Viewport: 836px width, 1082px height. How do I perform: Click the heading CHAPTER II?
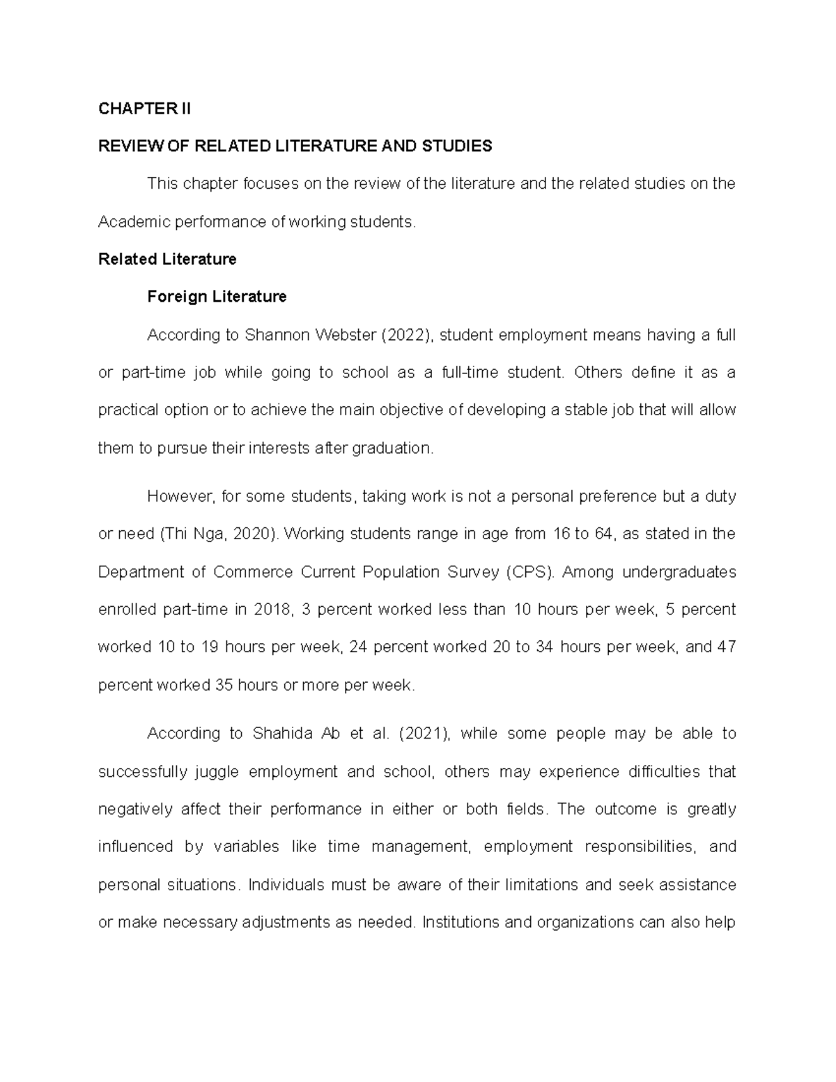(x=144, y=109)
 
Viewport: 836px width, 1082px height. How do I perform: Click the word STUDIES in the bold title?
(x=458, y=146)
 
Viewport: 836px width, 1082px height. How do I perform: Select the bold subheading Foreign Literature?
(x=217, y=297)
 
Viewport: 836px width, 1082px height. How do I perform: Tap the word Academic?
(x=130, y=222)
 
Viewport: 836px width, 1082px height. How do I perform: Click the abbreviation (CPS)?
(x=532, y=572)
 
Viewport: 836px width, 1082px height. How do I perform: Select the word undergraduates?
(x=679, y=572)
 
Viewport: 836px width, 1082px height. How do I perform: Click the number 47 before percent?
(x=726, y=647)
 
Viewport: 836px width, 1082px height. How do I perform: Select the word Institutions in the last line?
(x=460, y=922)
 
